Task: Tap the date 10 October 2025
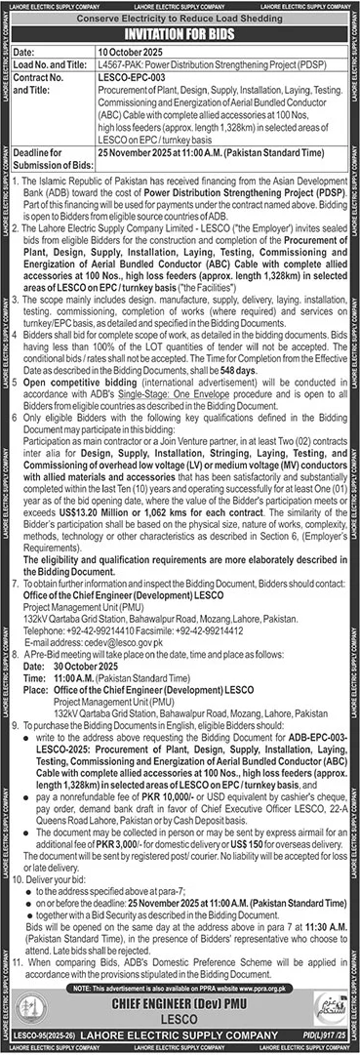click(125, 51)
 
